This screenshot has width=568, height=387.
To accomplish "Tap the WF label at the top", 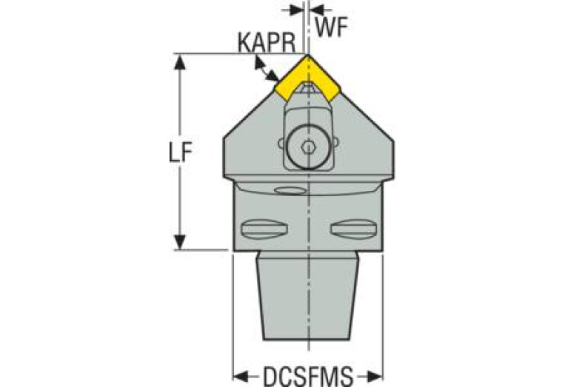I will coord(330,27).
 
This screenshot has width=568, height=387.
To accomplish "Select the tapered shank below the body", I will coord(308,296).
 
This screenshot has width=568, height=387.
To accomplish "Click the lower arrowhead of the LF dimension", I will coord(178,242).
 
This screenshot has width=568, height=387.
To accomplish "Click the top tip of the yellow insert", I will coord(307,55).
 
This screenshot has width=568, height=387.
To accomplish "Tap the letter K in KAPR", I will coord(243,43).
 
